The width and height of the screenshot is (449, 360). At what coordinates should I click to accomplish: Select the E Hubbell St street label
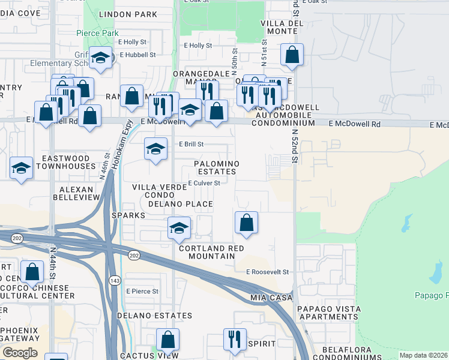tap(137, 55)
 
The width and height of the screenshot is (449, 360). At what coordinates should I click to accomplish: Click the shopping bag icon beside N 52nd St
tap(292, 55)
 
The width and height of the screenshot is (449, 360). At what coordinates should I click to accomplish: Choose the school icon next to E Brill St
tap(155, 149)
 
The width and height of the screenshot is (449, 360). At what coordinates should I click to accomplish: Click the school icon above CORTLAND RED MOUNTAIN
tap(179, 228)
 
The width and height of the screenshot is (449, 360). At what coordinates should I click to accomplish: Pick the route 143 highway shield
tap(114, 280)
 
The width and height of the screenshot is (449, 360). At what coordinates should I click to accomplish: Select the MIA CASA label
tap(271, 297)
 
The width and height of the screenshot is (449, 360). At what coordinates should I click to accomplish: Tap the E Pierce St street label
tap(142, 291)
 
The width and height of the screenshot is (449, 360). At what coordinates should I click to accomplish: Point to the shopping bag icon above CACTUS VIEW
tap(167, 340)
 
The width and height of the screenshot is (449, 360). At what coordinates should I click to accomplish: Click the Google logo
tap(20, 352)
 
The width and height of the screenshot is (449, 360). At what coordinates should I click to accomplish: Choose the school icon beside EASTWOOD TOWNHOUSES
tap(22, 168)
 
